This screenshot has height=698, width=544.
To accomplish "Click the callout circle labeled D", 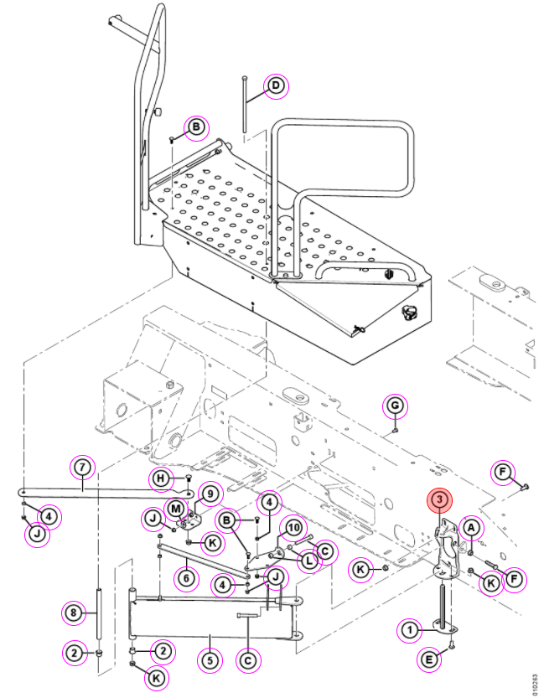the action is click(276, 86).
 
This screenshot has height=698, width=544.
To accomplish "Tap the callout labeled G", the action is click(395, 406).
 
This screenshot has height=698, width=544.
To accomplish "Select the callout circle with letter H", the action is click(161, 479).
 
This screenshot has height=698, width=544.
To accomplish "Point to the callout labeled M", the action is click(176, 509).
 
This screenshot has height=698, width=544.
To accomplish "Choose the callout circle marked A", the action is click(471, 529).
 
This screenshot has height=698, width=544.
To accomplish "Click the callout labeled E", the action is click(430, 659).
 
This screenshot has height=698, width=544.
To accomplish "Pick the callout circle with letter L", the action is click(309, 561).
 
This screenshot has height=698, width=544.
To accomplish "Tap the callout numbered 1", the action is click(410, 630).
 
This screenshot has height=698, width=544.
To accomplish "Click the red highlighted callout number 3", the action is click(440, 500).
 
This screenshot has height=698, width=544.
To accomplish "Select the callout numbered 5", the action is click(210, 660).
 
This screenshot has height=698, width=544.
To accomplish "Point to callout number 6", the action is click(186, 578).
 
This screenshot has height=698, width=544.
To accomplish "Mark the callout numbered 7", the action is click(83, 468).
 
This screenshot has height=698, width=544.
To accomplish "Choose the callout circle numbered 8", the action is click(74, 613).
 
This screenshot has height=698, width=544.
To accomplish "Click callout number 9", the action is click(210, 494).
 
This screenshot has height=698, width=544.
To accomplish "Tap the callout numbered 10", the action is click(293, 529).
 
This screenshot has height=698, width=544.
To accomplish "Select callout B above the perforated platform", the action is click(196, 127).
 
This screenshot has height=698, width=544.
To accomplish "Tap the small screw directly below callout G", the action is click(395, 430).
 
